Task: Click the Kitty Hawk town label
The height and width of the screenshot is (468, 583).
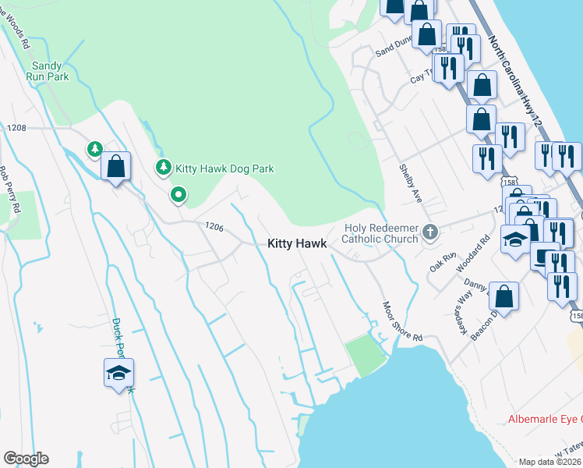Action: pos(297,243)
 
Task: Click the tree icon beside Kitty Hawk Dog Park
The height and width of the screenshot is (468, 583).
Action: pos(164,167)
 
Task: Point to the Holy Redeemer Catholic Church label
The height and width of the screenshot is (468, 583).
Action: pos(381,233)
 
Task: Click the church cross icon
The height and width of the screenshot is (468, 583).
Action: pos(429,232)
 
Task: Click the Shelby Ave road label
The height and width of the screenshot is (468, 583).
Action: pos(411,183)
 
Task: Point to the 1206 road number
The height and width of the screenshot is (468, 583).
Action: pos(214,227)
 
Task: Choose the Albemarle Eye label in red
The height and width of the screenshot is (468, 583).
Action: pos(544,420)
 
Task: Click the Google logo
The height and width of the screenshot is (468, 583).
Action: pos(26,459)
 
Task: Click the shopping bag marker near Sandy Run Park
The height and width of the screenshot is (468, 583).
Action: pos(115,165)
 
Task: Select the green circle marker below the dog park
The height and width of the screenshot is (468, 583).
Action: pos(178,194)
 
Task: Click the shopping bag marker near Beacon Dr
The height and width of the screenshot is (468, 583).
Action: pos(504,296)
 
